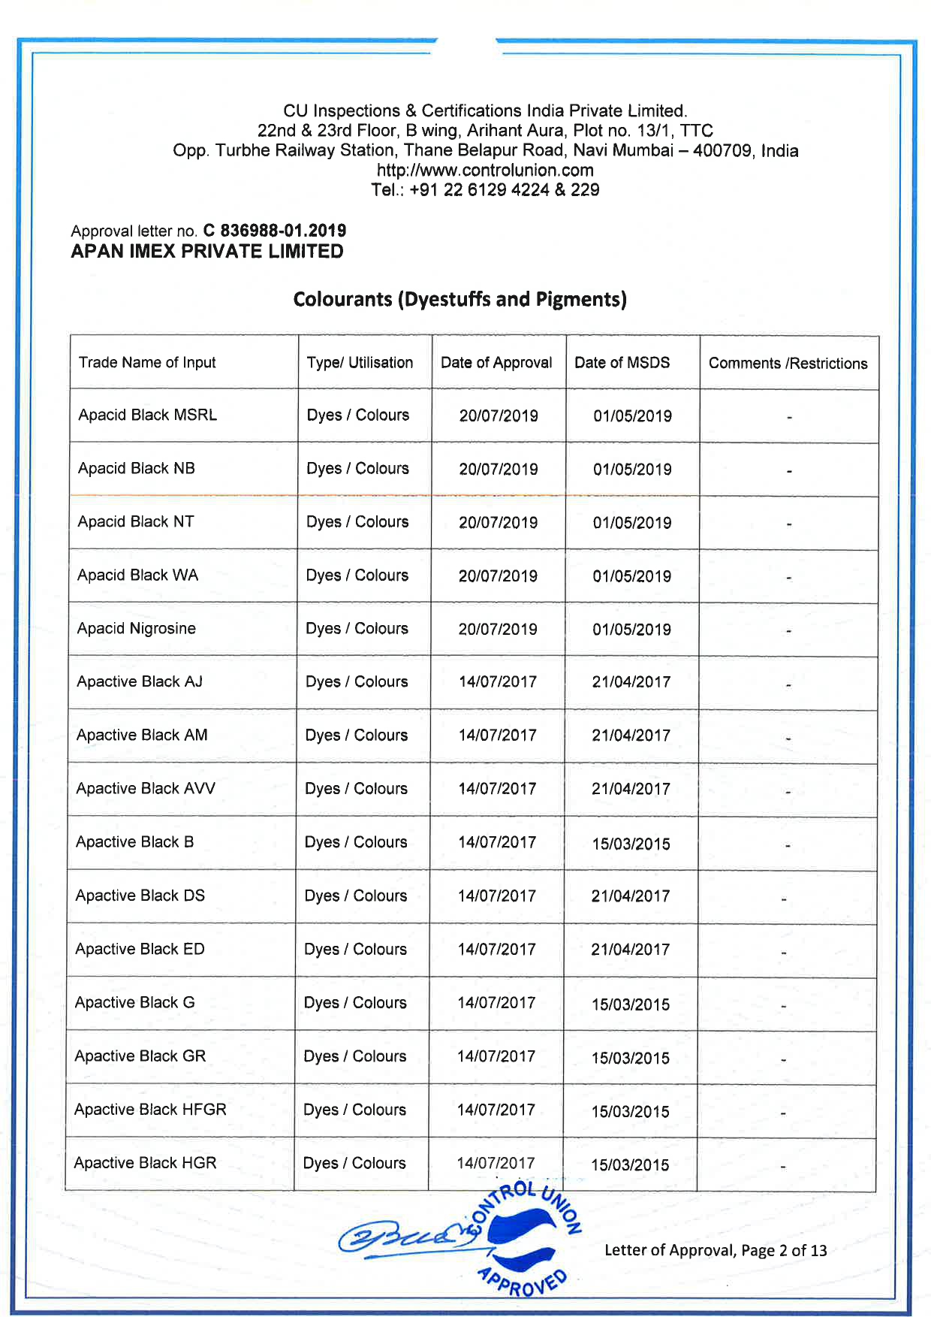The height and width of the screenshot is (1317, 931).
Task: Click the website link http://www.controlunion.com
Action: (485, 171)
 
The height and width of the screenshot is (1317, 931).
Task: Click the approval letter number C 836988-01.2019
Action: (275, 231)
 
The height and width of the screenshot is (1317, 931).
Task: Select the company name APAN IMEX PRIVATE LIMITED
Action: (207, 252)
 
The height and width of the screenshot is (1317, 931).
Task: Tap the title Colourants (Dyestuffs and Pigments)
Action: (459, 300)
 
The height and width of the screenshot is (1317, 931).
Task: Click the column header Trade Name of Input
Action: (147, 363)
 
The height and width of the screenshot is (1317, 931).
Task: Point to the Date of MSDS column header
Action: (622, 363)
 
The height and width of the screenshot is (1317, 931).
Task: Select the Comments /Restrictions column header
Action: (788, 364)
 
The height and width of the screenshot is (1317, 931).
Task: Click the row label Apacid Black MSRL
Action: (148, 415)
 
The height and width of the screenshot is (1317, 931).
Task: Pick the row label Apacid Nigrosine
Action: (137, 629)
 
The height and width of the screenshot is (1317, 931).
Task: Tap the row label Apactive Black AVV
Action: (146, 789)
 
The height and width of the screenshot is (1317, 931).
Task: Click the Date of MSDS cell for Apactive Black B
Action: (631, 844)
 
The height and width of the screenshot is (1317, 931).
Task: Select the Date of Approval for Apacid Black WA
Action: (498, 576)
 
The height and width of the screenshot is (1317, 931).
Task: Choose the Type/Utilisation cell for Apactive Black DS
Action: (356, 896)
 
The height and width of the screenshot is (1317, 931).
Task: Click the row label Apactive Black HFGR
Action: (150, 1110)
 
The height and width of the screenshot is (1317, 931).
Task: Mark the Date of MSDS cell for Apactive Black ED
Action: (630, 950)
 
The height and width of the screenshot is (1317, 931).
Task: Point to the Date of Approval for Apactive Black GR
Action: (496, 1057)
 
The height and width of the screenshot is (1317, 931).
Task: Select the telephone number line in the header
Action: (485, 190)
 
